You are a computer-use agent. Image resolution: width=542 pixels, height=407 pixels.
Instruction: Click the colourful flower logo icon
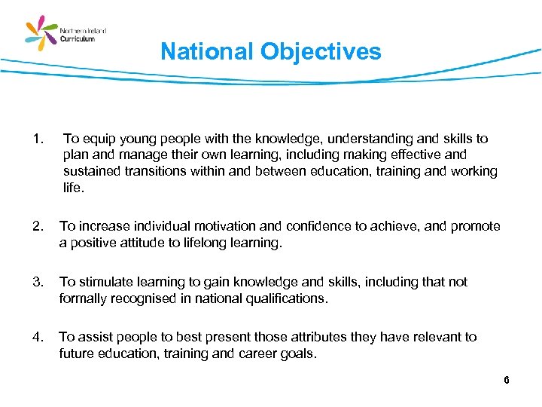tap(42, 34)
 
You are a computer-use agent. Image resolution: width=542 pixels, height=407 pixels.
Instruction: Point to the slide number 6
tap(507, 380)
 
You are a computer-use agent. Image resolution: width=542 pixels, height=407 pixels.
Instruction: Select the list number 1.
tap(38, 139)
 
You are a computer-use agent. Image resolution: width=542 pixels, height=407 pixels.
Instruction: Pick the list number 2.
tap(38, 227)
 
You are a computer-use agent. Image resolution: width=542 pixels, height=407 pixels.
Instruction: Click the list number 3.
tap(38, 282)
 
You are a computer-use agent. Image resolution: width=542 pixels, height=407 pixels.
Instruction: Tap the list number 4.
tap(38, 337)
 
